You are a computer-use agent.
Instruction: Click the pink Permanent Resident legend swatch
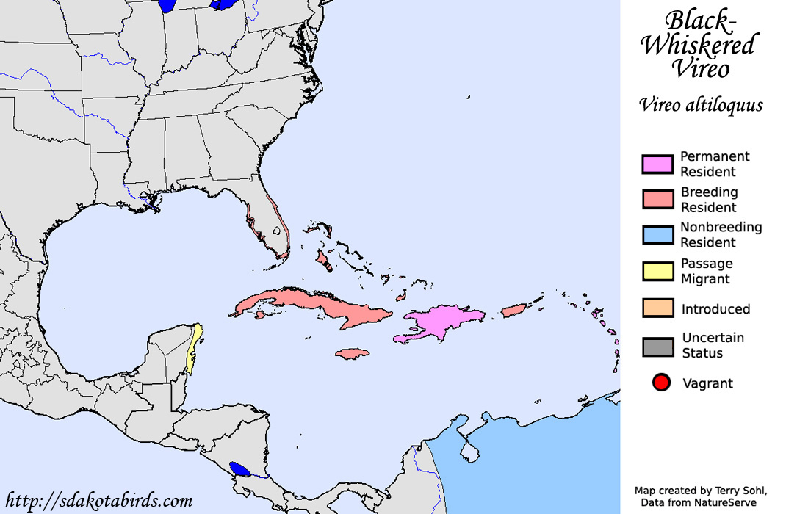[x=657, y=164]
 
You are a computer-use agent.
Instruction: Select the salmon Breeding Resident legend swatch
[x=657, y=200]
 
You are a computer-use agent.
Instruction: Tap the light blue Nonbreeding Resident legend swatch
[x=657, y=235]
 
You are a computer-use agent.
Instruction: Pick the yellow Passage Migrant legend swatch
[x=657, y=271]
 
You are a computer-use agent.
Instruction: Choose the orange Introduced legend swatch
[x=657, y=308]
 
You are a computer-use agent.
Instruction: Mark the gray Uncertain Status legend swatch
[x=657, y=346]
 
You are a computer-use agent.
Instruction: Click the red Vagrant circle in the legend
[x=661, y=383]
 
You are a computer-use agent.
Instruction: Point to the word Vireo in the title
[x=702, y=69]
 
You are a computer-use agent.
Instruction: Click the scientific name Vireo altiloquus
[x=701, y=105]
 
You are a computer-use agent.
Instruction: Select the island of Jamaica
[x=353, y=354]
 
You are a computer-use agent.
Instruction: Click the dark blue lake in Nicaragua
[x=239, y=468]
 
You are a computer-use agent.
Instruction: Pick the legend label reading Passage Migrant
[x=707, y=271]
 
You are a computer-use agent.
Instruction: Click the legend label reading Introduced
[x=715, y=309]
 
